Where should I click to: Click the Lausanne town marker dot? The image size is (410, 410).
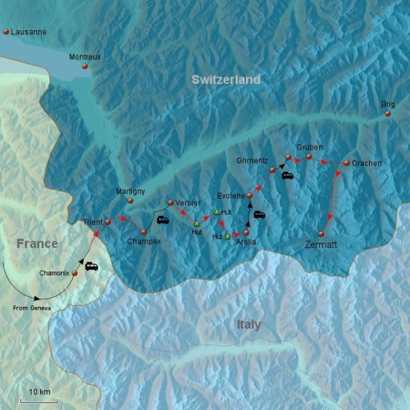pos(6,32)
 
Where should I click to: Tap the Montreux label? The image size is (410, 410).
pos(85,57)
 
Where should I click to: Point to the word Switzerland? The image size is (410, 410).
pos(225,80)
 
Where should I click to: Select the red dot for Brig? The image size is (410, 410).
pos(388,114)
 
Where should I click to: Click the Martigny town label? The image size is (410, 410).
pos(130,191)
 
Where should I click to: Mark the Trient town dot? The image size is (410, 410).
pos(108,222)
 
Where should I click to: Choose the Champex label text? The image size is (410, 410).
pos(143,241)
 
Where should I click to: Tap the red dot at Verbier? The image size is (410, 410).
pos(170,203)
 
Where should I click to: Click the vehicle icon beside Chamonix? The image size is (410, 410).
pos(92,266)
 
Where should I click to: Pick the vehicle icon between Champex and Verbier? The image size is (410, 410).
pos(163,219)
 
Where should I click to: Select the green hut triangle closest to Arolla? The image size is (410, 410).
pos(228,236)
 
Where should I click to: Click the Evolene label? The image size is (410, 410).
pos(230,196)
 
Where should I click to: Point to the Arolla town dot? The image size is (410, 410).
pos(246,232)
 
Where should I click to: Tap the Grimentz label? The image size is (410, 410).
pos(251,161)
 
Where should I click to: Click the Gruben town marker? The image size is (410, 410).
pos(309,157)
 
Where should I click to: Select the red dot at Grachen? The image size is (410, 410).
pos(346,163)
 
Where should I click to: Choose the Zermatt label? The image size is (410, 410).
pos(321,244)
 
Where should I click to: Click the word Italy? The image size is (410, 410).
pos(248,324)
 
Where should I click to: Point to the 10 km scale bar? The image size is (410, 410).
pos(38,400)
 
